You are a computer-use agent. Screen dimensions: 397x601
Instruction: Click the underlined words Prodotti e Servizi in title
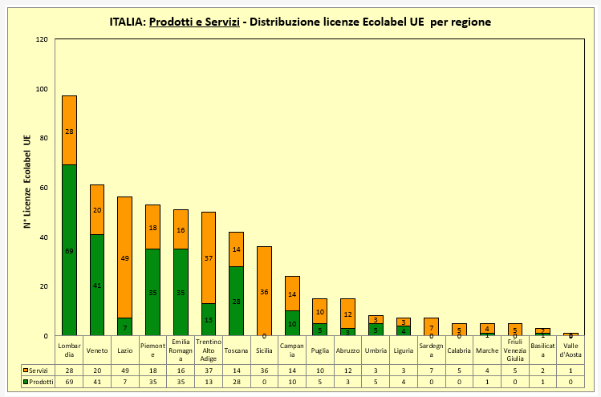[194, 22]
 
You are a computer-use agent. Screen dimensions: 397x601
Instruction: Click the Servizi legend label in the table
[39, 370]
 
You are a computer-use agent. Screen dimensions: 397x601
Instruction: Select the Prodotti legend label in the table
[40, 383]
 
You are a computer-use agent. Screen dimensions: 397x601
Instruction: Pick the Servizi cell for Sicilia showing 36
[264, 370]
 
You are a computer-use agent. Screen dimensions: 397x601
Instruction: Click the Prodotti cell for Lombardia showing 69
[69, 383]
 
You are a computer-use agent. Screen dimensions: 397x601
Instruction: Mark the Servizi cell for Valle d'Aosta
[570, 370]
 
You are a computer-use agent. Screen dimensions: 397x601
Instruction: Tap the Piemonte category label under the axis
[152, 350]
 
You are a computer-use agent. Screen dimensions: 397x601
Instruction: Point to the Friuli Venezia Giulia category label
[514, 350]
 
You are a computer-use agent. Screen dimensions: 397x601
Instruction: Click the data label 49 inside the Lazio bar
[124, 258]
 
